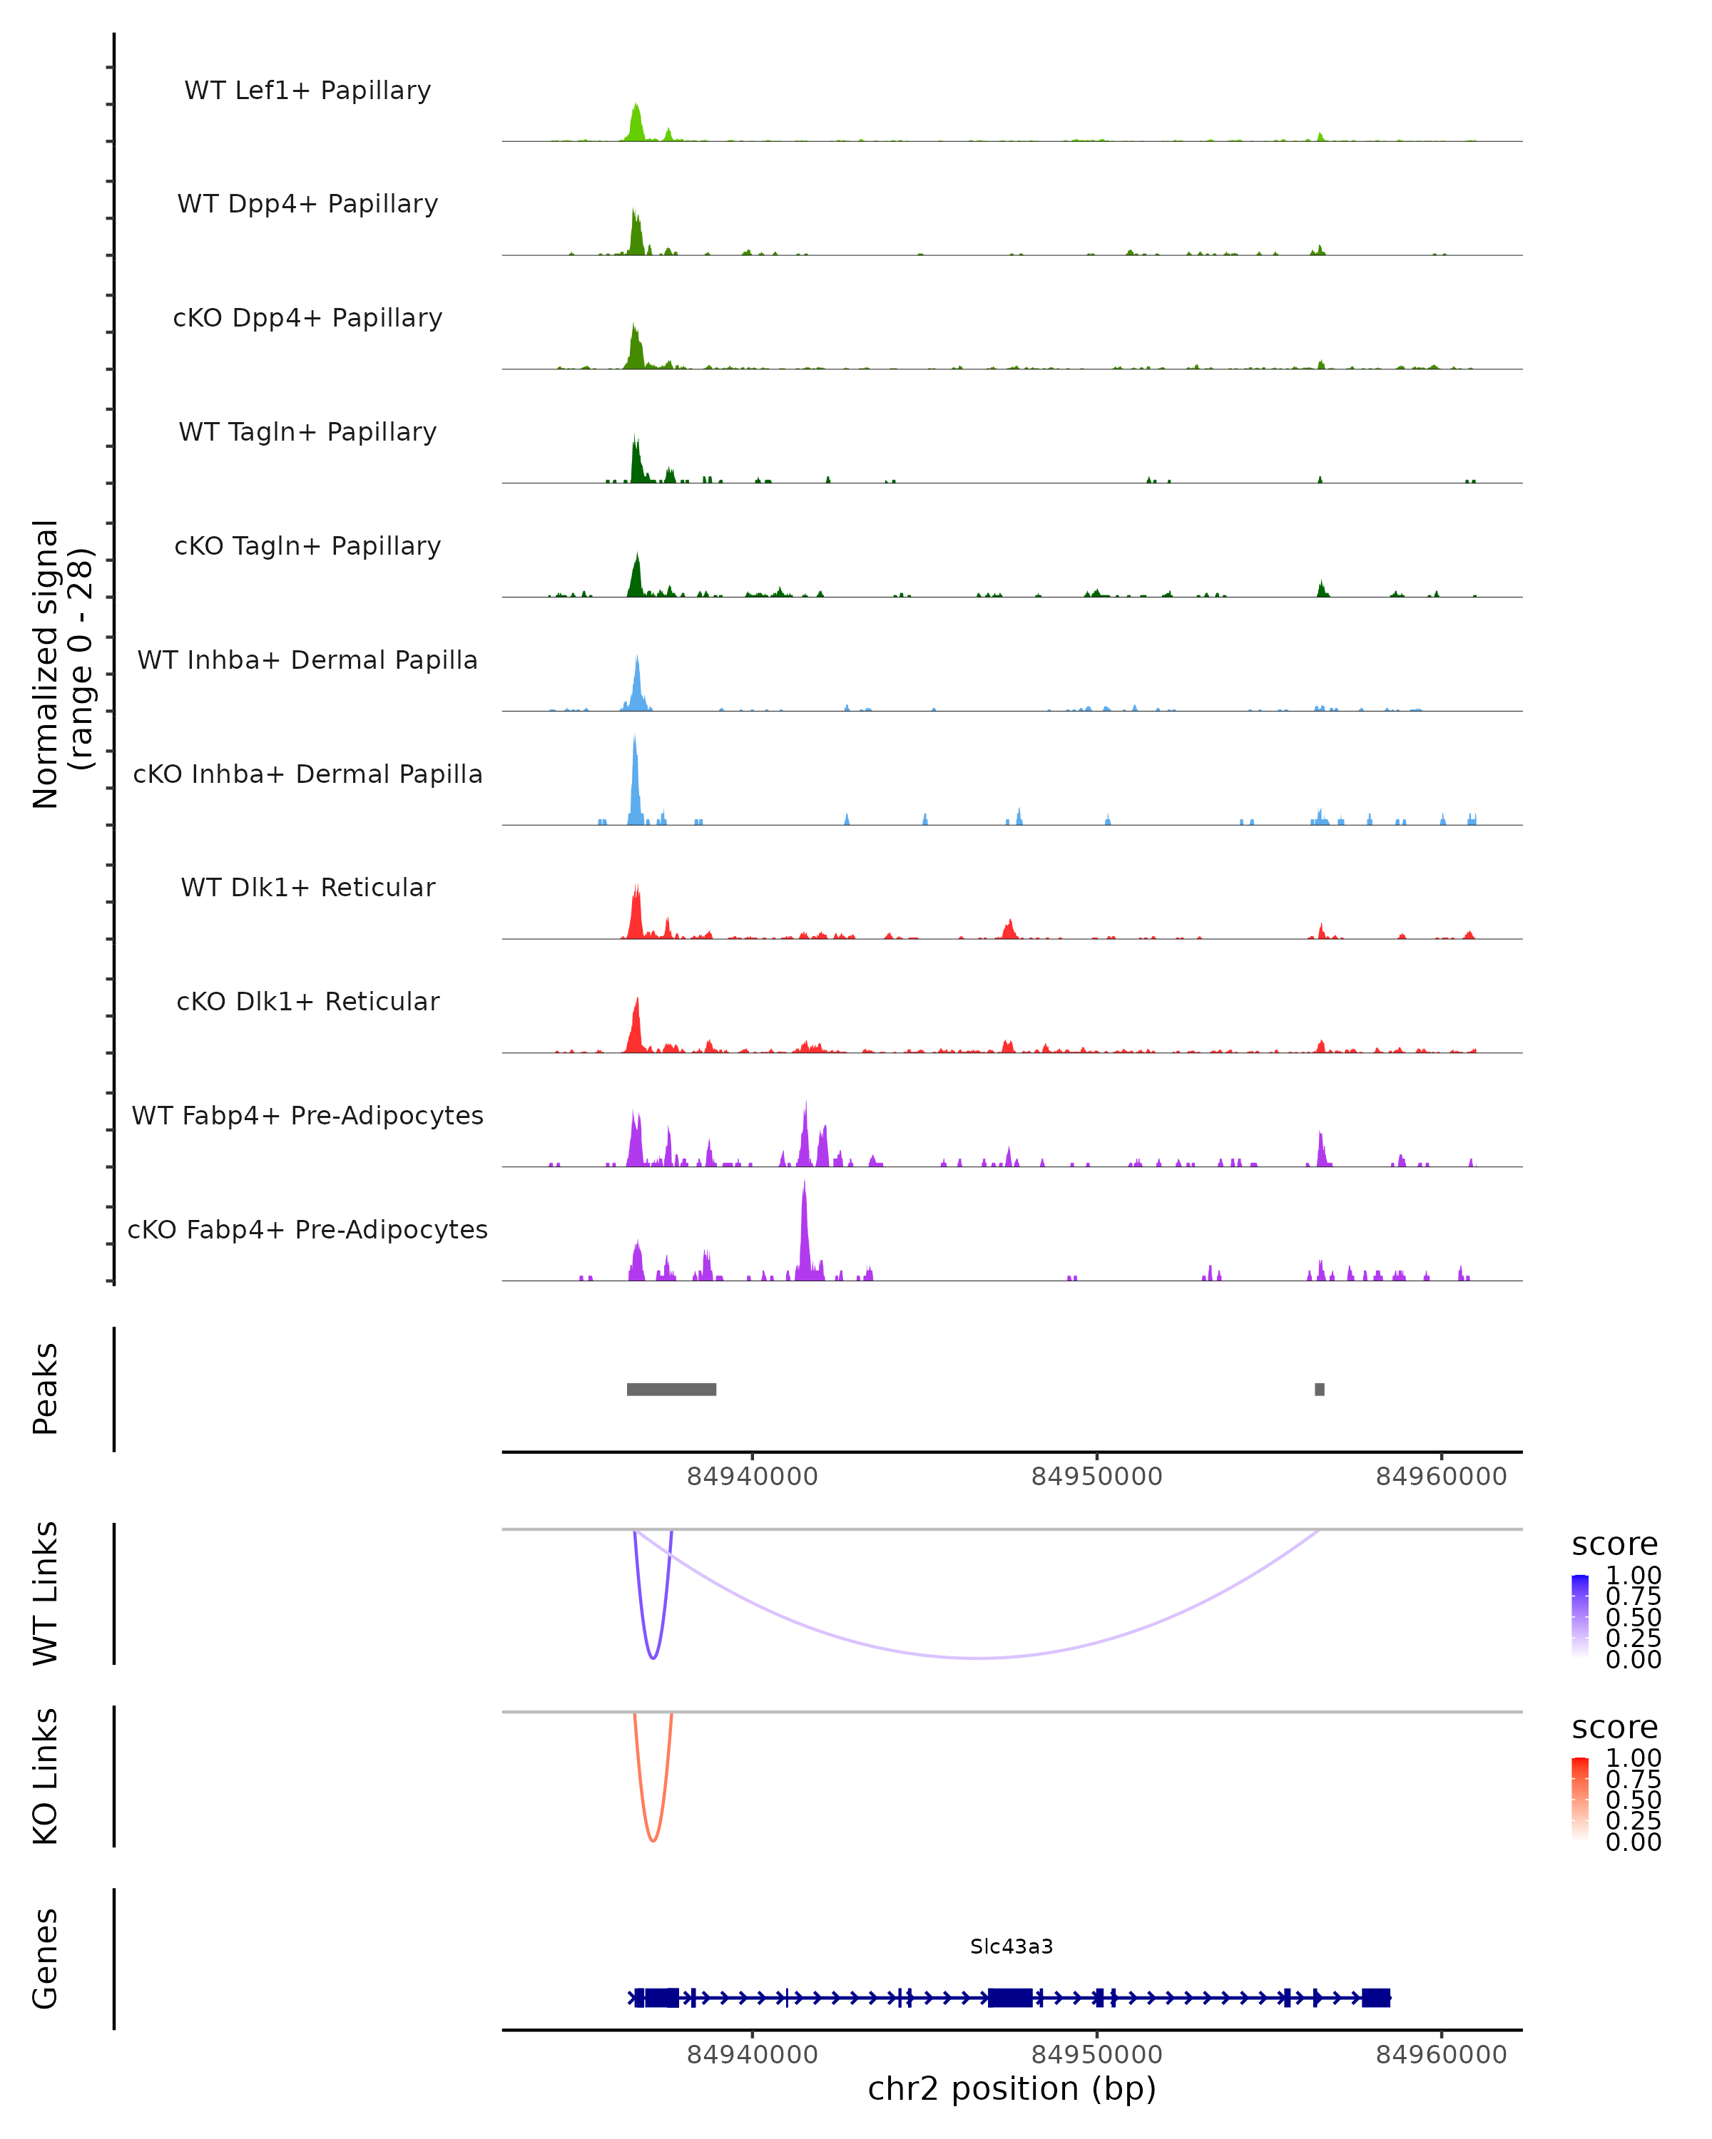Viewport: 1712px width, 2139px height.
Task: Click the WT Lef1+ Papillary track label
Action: (307, 91)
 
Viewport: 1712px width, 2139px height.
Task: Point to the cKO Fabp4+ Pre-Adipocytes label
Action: (307, 1229)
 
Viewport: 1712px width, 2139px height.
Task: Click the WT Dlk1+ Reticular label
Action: (307, 887)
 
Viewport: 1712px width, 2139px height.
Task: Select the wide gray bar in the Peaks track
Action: (671, 1389)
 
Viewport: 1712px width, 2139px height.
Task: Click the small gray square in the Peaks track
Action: (1319, 1389)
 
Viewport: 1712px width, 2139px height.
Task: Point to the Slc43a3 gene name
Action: (1012, 1946)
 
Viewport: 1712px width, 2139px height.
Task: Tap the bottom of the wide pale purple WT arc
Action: (977, 1658)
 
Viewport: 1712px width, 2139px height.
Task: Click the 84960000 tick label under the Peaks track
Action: (1441, 1477)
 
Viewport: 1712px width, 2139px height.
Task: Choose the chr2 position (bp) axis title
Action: (1012, 2088)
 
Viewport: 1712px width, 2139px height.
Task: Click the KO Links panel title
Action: (46, 1776)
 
